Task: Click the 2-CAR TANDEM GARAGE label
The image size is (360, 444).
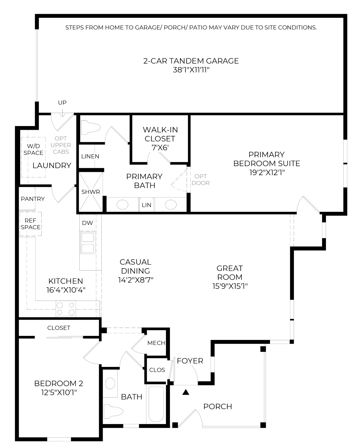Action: pyautogui.click(x=191, y=61)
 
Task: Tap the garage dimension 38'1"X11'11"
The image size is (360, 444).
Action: pyautogui.click(x=191, y=70)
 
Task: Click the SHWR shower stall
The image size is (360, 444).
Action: pyautogui.click(x=91, y=192)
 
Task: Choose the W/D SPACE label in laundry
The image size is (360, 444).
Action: pyautogui.click(x=33, y=149)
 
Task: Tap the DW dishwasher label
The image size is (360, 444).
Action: pyautogui.click(x=87, y=223)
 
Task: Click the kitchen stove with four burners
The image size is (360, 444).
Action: pyautogui.click(x=66, y=309)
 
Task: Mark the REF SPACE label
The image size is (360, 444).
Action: pyautogui.click(x=30, y=224)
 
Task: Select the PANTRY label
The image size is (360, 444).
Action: pyautogui.click(x=33, y=199)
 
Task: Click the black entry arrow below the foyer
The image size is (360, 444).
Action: pyautogui.click(x=186, y=392)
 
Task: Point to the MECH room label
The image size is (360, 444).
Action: pyautogui.click(x=156, y=343)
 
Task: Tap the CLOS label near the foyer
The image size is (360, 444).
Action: pyautogui.click(x=157, y=370)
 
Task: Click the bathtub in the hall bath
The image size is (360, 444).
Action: pyautogui.click(x=156, y=404)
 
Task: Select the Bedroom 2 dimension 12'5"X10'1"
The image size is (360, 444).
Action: pyautogui.click(x=59, y=392)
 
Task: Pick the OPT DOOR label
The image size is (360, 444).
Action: pyautogui.click(x=201, y=179)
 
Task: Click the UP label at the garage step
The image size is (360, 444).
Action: pyautogui.click(x=62, y=102)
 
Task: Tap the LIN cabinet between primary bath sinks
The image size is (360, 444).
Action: pyautogui.click(x=146, y=205)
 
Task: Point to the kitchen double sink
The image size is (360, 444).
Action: pyautogui.click(x=88, y=243)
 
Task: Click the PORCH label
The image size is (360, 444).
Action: pyautogui.click(x=218, y=406)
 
